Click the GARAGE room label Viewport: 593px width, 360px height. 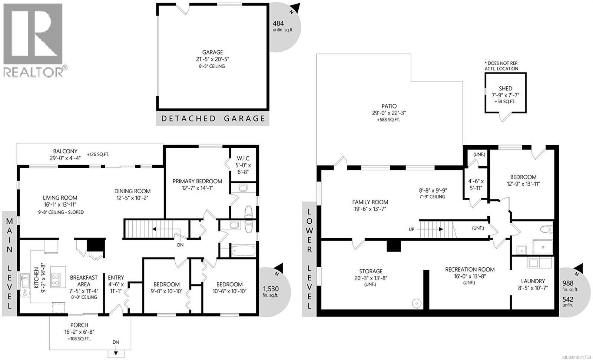pos(212,53)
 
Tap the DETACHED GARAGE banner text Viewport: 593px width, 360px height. pos(213,119)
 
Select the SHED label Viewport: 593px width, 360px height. pos(505,89)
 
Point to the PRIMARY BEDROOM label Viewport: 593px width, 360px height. pos(197,181)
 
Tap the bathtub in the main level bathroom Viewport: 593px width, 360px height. pos(243,251)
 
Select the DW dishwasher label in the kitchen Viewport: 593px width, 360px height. pos(24,293)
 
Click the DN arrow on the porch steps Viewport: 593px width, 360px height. pos(116,352)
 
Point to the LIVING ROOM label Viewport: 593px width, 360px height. pos(60,198)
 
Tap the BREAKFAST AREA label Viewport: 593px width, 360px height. pos(84,277)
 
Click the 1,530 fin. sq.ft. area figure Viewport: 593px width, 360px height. pos(271,289)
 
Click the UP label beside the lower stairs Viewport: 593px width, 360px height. pos(411,229)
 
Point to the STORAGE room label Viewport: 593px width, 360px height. pos(371,271)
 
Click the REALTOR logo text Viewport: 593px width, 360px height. pos(33,72)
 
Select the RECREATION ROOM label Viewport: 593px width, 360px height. pos(470,269)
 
